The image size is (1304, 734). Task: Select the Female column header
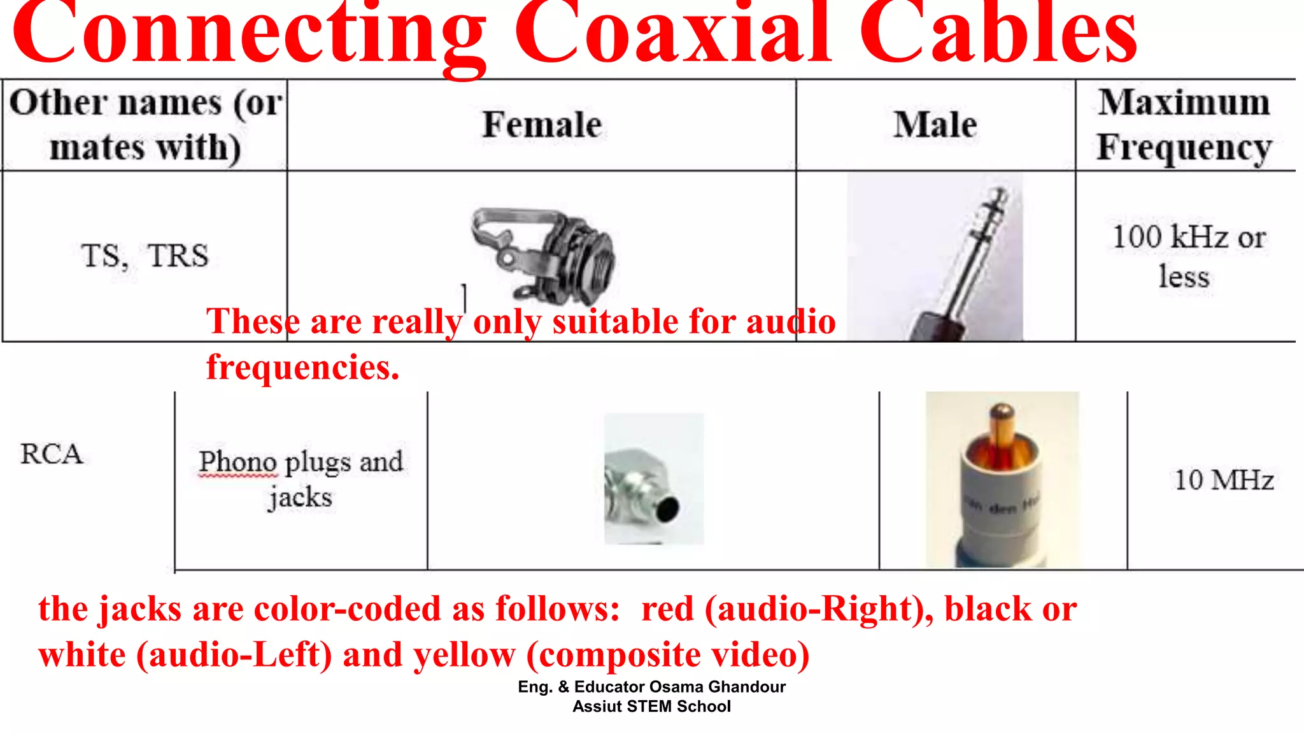(x=542, y=124)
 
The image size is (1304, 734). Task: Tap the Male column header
(x=935, y=124)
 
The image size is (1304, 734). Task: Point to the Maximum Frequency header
(x=1184, y=125)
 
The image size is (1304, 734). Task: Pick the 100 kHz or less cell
(x=1188, y=256)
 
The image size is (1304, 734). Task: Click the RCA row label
(x=52, y=454)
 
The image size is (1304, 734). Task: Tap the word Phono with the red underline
(x=238, y=462)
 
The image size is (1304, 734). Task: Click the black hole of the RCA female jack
(x=668, y=508)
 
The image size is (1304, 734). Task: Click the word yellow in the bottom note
(x=464, y=655)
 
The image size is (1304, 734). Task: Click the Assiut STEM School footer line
(x=651, y=707)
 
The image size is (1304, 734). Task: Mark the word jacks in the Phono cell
(x=300, y=497)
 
